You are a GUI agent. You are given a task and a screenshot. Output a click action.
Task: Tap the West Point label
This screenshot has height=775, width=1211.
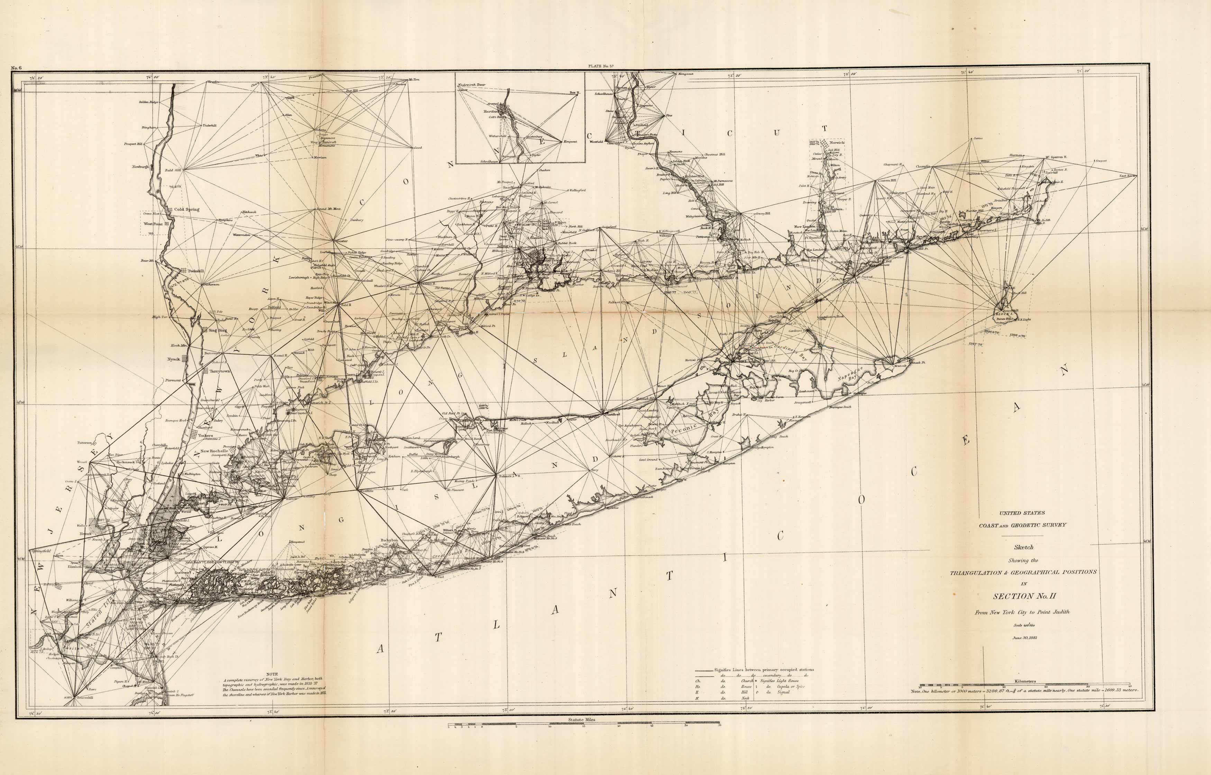pos(153,224)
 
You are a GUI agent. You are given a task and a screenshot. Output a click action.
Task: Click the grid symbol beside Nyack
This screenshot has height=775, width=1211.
pos(185,359)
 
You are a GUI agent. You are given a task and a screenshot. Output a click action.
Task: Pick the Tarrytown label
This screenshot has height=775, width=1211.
pos(216,371)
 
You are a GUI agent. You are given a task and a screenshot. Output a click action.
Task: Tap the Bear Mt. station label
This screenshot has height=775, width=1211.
pos(147,261)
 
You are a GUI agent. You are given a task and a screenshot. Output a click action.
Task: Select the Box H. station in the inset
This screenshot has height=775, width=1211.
pos(574,93)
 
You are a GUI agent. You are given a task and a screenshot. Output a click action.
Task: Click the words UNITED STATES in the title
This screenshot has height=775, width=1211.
pos(1022,513)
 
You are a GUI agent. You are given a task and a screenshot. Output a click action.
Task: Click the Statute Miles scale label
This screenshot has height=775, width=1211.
pos(582,720)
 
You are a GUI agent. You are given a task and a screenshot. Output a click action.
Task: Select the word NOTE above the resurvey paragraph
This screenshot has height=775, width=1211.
pos(272,673)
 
